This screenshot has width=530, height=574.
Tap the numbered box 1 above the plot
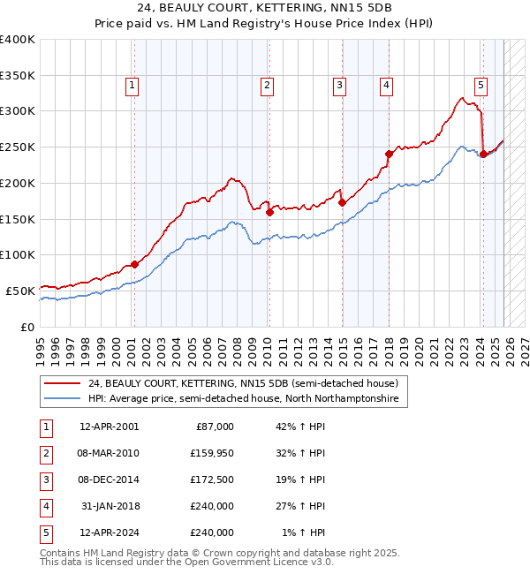pos(132,86)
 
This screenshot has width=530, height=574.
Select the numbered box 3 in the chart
pos(339,86)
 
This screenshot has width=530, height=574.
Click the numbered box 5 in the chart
pos(480,86)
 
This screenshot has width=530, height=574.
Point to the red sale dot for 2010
pos(269,211)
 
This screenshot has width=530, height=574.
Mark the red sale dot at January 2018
pos(389,154)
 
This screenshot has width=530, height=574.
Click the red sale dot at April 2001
pos(134,264)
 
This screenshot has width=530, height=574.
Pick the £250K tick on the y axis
pos(18,147)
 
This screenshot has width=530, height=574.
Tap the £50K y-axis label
pos(20,290)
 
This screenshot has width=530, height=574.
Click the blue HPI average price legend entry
pos(243,399)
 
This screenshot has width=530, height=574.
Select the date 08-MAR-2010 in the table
pos(109,453)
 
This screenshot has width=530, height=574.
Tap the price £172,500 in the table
pos(212,480)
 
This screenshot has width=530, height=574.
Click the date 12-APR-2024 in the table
pos(109,532)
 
